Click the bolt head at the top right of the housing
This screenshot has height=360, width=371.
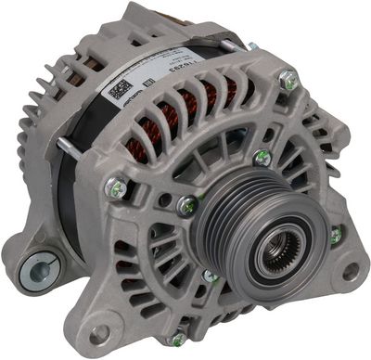coord(291,83)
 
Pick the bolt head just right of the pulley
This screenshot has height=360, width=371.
coord(335,236)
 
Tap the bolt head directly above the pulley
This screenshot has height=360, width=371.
coord(262,159)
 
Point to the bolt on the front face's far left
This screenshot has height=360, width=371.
coord(116,189)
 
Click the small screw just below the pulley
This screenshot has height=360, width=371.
coord(211,276)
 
